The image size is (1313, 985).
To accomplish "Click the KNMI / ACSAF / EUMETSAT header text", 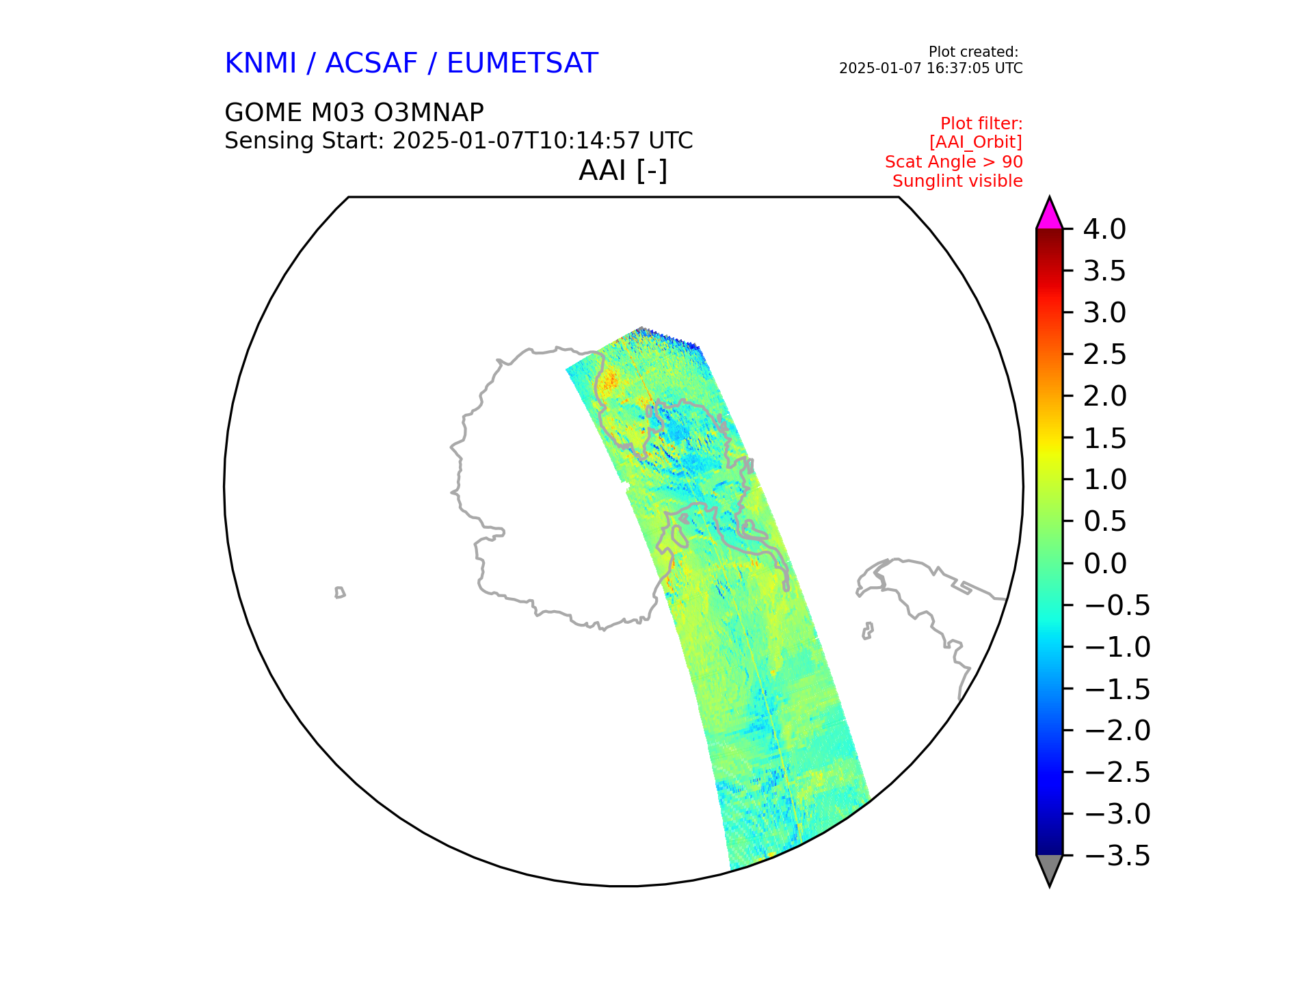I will click(411, 64).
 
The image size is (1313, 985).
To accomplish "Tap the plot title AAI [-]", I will click(622, 170).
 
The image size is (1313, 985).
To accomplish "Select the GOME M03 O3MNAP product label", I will click(354, 112).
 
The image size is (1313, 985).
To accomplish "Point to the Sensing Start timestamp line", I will click(458, 141).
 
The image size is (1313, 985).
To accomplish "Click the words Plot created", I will click(972, 52).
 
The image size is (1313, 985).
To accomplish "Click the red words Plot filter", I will click(981, 124).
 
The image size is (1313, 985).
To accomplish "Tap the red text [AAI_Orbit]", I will click(975, 142).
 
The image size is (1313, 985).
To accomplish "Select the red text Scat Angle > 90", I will click(953, 162).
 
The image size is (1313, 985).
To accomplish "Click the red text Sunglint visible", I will click(957, 181).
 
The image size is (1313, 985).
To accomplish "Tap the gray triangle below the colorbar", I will click(1049, 868).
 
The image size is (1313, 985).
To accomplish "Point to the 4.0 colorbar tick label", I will click(1104, 230).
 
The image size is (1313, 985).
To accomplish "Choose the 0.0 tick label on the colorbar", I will click(1104, 564).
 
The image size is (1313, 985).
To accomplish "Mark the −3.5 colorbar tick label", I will click(1117, 856).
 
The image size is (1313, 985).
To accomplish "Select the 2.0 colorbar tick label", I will click(1104, 397).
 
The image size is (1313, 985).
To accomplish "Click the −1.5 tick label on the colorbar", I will click(1117, 689).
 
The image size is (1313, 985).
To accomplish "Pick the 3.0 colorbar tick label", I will click(1104, 313).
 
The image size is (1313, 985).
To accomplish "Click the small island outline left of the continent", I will click(340, 592).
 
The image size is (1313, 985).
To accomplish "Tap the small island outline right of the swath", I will click(868, 631).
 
